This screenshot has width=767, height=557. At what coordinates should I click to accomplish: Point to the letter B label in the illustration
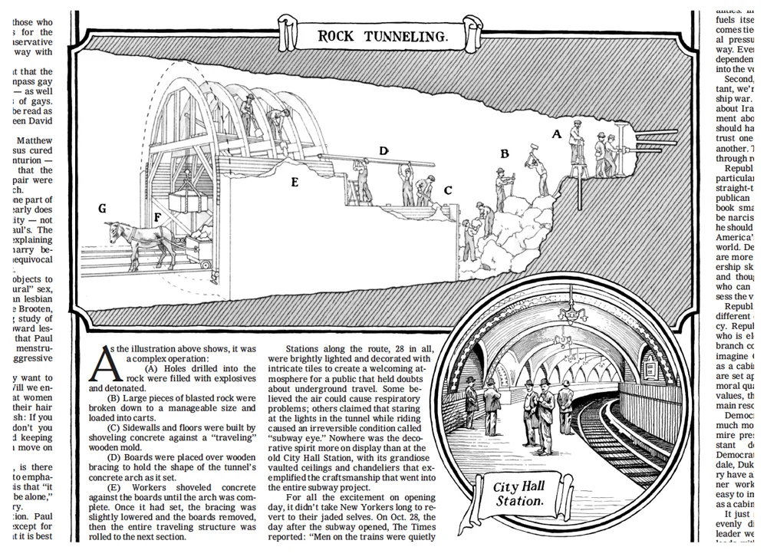(x=504, y=153)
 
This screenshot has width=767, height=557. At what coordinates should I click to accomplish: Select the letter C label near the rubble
(x=448, y=190)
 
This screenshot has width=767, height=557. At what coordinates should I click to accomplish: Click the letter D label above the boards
(x=383, y=151)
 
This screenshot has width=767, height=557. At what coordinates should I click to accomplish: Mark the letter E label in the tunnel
(x=295, y=182)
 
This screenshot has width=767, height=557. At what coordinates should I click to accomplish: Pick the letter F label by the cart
(x=157, y=218)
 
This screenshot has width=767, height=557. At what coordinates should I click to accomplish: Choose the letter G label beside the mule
(x=102, y=209)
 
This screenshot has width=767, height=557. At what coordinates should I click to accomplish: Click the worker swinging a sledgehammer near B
(x=536, y=172)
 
